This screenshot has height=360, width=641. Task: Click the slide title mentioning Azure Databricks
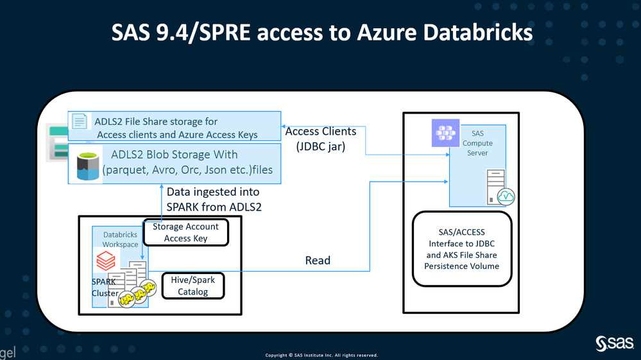coord(321,32)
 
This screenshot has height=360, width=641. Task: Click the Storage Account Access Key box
coord(186,232)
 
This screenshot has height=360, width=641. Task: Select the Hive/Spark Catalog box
coord(193,286)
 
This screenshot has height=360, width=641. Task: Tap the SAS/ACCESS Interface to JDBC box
coord(462,249)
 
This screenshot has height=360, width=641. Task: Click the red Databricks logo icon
coord(106,260)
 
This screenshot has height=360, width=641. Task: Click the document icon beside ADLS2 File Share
coord(80,122)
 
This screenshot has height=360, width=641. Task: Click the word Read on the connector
coord(318,260)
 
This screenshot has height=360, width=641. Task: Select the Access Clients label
coord(320,132)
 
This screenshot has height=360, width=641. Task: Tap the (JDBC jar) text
coord(320,146)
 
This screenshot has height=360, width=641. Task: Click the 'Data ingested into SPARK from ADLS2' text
coord(214,199)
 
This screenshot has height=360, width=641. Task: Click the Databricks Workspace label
coord(121,239)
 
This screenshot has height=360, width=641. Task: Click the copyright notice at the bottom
coord(321,355)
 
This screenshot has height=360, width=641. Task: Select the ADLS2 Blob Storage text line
coord(175,155)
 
